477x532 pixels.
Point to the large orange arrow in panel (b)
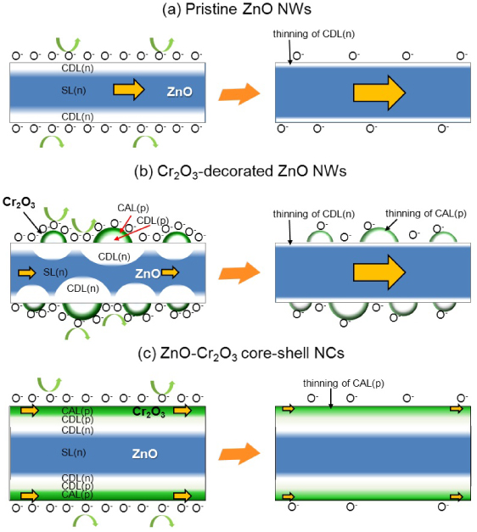pos(238,272)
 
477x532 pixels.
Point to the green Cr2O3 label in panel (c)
pos(148,412)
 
